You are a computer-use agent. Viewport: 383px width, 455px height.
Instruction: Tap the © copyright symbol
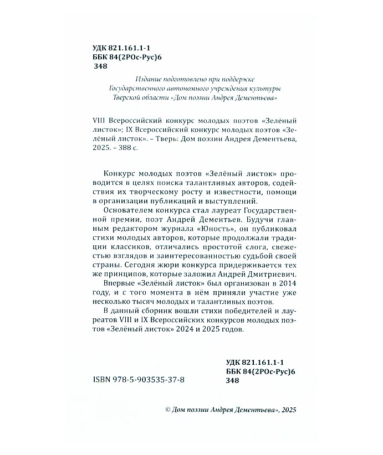point(168,410)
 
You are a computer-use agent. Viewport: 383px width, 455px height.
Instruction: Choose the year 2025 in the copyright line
point(288,410)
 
